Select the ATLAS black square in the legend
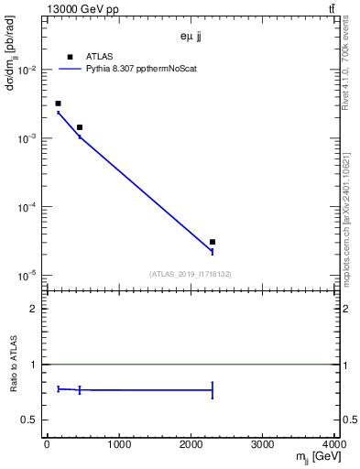point(70,56)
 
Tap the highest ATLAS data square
point(58,104)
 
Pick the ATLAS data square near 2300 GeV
point(213,242)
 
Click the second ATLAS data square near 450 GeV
point(80,127)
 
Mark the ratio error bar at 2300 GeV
point(213,390)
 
